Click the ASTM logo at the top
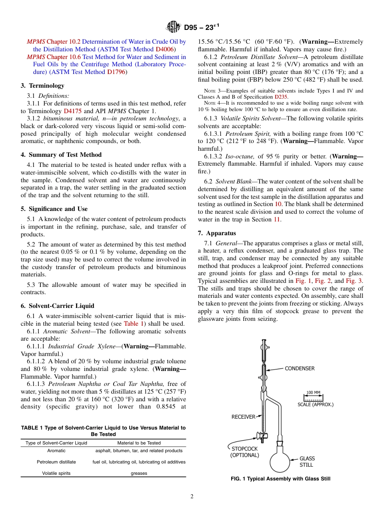[x=174, y=27]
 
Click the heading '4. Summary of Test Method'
[x=61, y=155]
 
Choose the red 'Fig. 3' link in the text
[x=354, y=281]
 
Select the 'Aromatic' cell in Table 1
[x=56, y=451]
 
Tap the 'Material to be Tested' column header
[x=139, y=443]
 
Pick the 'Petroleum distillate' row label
[x=56, y=462]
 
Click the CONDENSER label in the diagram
[x=300, y=369]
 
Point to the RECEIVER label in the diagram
[x=243, y=417]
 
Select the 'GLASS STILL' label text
[x=307, y=461]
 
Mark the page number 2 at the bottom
[x=192, y=497]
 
